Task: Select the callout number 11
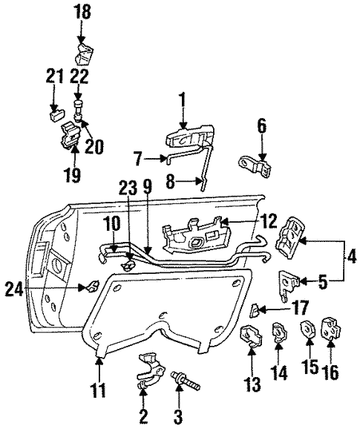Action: (99, 390)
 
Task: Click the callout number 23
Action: (128, 189)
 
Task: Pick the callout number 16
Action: (330, 372)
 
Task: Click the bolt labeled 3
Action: (186, 381)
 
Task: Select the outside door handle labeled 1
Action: (189, 137)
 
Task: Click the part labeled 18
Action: (84, 55)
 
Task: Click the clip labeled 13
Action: (251, 335)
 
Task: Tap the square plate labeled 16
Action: (331, 328)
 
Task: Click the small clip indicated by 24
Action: (93, 286)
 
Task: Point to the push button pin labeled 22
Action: (78, 110)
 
